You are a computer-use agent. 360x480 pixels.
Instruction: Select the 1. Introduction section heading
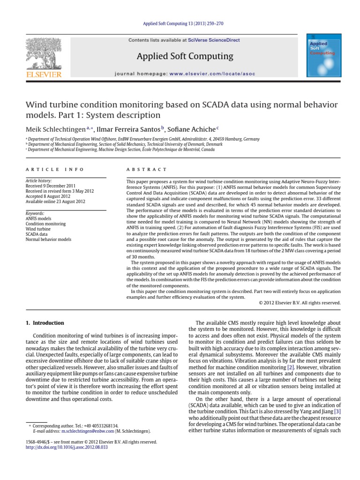(x=44, y=323)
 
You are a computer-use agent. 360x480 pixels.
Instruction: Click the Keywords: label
(x=35, y=213)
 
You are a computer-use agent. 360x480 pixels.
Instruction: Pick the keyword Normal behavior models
(x=48, y=240)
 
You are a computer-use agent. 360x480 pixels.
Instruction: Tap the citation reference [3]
(x=337, y=411)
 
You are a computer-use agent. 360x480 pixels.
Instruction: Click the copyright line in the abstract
(x=300, y=302)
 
